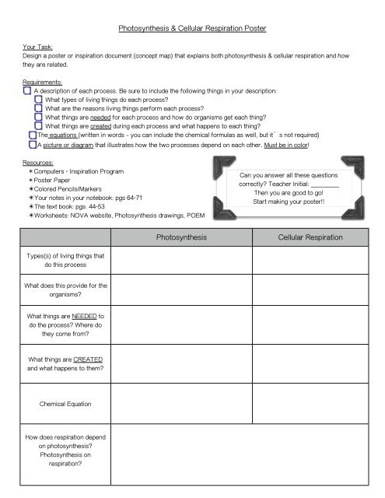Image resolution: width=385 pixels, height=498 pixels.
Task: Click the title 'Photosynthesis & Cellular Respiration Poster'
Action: (x=191, y=28)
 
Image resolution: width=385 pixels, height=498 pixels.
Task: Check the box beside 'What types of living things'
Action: (x=38, y=100)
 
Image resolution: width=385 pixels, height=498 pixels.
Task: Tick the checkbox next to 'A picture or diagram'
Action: (x=31, y=144)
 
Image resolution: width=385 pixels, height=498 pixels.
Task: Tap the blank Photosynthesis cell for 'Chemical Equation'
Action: (x=180, y=404)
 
